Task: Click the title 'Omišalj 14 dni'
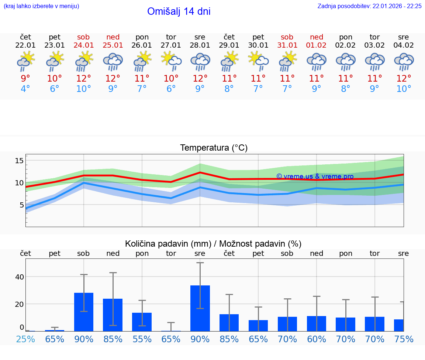tap(179, 11)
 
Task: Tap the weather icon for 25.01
tap(113, 61)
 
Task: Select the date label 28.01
tap(200, 45)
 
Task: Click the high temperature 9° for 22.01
tap(25, 78)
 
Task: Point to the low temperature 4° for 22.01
tap(25, 89)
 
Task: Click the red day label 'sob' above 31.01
tap(287, 37)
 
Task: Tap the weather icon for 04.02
tap(404, 61)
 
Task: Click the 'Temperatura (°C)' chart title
tap(214, 148)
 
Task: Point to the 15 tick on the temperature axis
tap(19, 161)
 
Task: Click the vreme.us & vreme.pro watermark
tap(315, 176)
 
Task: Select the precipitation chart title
tap(213, 244)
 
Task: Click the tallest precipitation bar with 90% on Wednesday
tap(200, 308)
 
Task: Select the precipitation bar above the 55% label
tap(142, 322)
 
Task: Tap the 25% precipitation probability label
tap(25, 339)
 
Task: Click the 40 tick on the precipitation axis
tap(19, 277)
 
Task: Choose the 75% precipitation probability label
tap(404, 339)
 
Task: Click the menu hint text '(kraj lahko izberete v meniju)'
tap(41, 6)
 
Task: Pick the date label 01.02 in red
tap(316, 45)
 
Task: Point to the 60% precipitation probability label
tap(316, 339)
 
